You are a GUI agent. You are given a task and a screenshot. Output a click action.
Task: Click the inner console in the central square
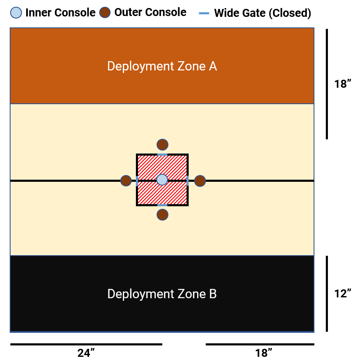(x=162, y=180)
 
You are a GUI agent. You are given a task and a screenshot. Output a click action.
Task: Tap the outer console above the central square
(x=162, y=145)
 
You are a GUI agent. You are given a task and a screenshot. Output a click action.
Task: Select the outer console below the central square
(x=162, y=215)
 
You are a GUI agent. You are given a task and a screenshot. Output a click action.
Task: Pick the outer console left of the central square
(x=126, y=181)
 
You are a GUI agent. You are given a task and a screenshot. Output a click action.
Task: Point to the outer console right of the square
(x=200, y=181)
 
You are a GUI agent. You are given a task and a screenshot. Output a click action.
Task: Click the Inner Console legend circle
(x=16, y=13)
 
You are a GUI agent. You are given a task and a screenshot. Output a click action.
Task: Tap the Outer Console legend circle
(x=105, y=13)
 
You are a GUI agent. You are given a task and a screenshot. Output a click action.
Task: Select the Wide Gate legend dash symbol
(x=204, y=13)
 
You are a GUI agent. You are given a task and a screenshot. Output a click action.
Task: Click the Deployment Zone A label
(x=162, y=66)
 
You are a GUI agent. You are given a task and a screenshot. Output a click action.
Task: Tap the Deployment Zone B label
(x=162, y=294)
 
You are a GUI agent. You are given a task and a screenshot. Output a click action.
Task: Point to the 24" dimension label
(x=86, y=353)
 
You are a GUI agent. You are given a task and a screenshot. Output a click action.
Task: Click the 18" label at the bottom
(x=264, y=353)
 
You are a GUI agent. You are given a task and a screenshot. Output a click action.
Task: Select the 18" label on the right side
(x=343, y=84)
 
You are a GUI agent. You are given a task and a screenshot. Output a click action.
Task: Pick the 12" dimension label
(x=343, y=294)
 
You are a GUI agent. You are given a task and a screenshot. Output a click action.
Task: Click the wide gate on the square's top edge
(x=162, y=155)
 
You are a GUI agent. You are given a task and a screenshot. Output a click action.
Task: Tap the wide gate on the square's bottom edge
(x=162, y=205)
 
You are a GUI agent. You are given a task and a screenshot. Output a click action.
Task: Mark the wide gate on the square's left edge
(x=137, y=181)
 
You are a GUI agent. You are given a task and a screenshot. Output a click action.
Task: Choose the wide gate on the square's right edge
(x=188, y=181)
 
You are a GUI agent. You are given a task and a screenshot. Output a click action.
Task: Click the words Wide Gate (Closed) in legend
(x=263, y=13)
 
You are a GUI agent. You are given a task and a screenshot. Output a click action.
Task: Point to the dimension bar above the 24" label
(x=86, y=344)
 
